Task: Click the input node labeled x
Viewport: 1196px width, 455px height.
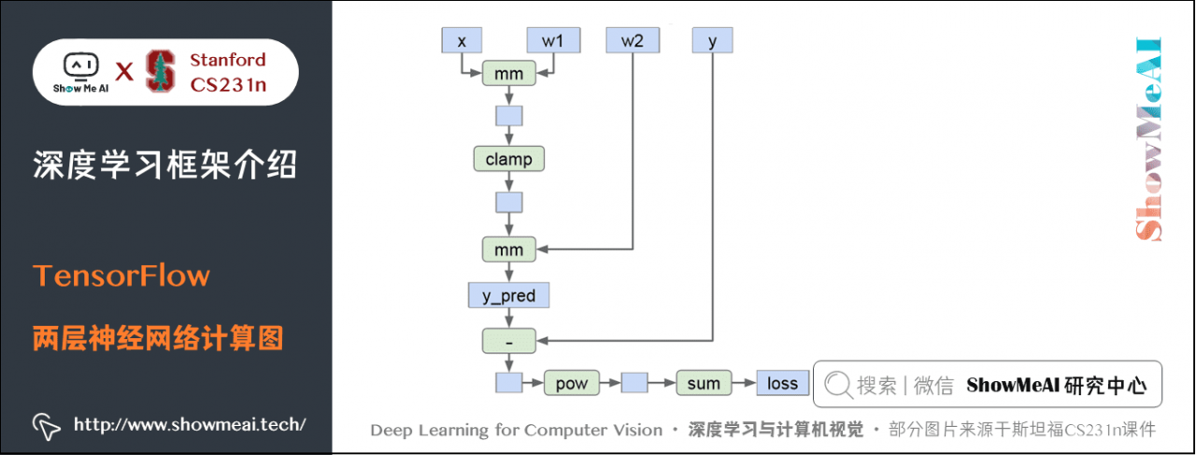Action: (x=462, y=40)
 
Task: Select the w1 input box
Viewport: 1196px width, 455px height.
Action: (x=553, y=40)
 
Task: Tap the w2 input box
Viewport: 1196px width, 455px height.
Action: (x=633, y=40)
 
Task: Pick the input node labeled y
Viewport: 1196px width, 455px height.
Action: (x=712, y=40)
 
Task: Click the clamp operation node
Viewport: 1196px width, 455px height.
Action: (x=508, y=159)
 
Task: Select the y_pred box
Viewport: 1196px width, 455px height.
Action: (x=508, y=296)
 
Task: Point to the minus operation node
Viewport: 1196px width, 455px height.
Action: (x=508, y=341)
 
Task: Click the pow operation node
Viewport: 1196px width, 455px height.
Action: (x=570, y=383)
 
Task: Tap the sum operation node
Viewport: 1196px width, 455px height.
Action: (x=703, y=383)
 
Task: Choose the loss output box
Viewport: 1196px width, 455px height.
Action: (x=782, y=383)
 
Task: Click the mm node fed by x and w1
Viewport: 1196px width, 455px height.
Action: (x=508, y=73)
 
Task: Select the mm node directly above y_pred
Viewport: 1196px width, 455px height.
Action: (x=508, y=249)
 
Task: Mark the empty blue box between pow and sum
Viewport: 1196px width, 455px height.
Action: (x=635, y=383)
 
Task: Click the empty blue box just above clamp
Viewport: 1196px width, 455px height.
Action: (x=508, y=117)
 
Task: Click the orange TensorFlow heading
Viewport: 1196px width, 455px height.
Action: (x=121, y=277)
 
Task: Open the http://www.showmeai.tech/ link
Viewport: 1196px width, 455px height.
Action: (x=190, y=424)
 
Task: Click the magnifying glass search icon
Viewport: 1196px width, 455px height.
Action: (x=838, y=385)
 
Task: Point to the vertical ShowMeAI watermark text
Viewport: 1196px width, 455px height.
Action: (x=1147, y=140)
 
